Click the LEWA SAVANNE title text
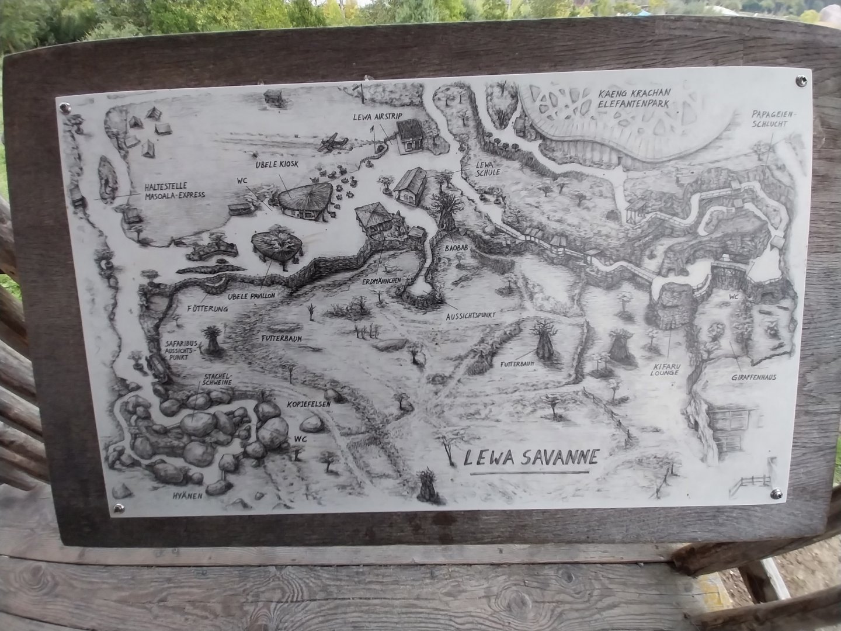[x=530, y=457]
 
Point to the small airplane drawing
[x=333, y=140]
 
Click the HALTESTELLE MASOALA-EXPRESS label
[x=175, y=191]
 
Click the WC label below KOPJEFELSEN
[x=301, y=438]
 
